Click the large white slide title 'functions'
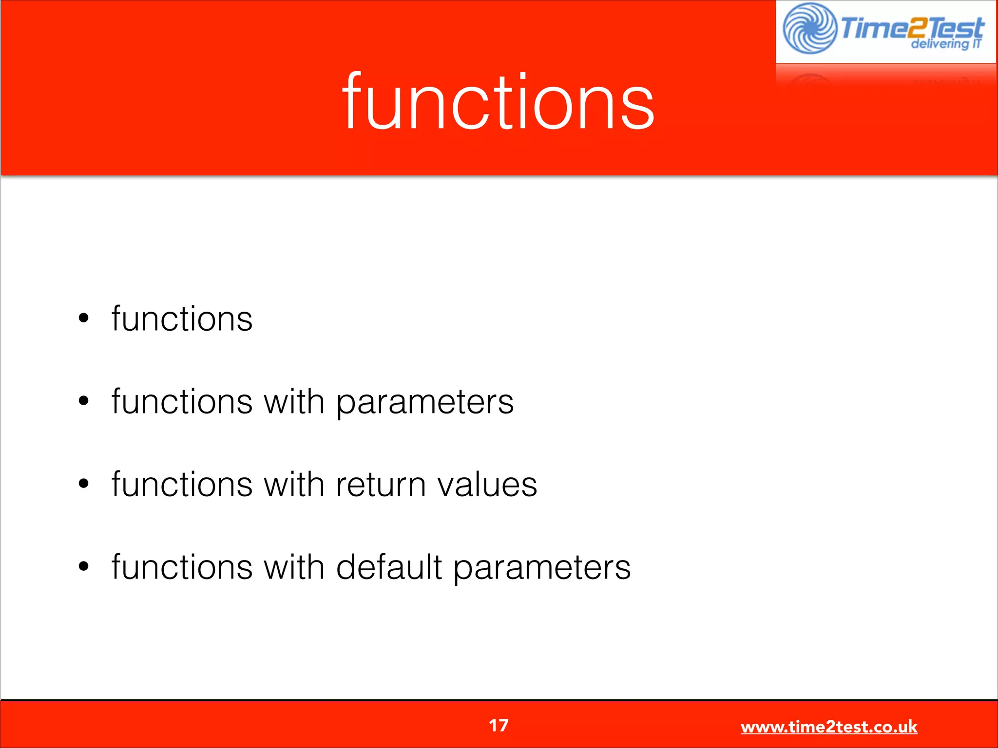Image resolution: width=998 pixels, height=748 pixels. point(498,102)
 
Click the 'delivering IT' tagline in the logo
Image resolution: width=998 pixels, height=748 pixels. point(945,44)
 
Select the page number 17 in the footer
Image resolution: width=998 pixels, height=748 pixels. point(499,726)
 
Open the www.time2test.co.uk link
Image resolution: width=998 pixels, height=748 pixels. point(828,727)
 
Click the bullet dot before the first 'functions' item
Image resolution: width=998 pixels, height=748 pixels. point(84,318)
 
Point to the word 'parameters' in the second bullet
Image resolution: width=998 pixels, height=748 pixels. point(425,402)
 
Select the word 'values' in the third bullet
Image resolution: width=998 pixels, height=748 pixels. point(487,485)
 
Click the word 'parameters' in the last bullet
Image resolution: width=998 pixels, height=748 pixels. point(542,568)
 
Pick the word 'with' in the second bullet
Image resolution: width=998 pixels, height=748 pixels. point(294,402)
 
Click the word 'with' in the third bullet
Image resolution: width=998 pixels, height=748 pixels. point(294,485)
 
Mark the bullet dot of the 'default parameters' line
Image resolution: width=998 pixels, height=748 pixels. point(84,566)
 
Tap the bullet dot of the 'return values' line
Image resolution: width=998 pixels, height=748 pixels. point(84,484)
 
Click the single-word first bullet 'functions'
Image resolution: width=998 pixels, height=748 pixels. point(182,319)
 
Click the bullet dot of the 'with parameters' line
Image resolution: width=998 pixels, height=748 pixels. point(84,401)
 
